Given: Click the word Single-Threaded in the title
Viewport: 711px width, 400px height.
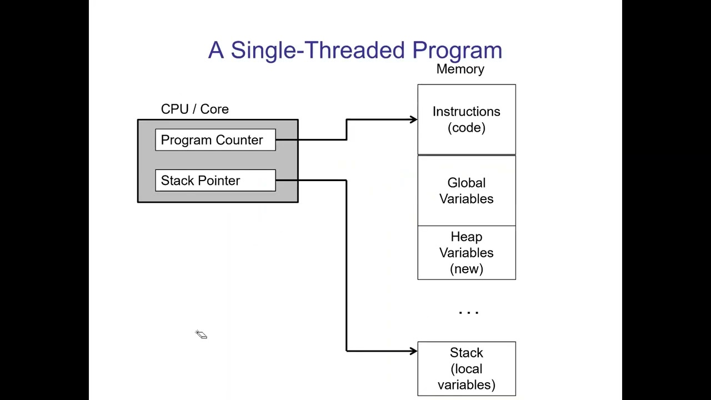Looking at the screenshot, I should click(318, 51).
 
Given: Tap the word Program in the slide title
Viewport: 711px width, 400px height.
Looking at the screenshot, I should click(457, 51).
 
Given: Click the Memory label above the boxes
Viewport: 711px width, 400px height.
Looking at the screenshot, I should click(460, 69).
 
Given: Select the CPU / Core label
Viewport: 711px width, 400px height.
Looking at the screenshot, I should click(194, 109).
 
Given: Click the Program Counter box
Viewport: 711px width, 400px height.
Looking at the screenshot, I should click(215, 140).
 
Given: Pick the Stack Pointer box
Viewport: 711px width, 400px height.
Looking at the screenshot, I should click(215, 181).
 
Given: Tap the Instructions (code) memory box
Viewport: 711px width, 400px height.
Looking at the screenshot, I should click(466, 119).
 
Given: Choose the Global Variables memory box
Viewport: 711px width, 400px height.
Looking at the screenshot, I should click(466, 191).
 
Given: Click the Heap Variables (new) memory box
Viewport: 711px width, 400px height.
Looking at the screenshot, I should click(466, 253).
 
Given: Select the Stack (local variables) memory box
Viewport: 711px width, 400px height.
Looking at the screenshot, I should click(466, 368).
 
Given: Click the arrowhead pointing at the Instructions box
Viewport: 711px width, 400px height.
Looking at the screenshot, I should click(413, 119).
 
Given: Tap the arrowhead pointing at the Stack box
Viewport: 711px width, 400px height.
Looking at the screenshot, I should click(413, 351).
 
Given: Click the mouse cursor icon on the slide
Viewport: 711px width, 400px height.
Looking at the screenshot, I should click(201, 334).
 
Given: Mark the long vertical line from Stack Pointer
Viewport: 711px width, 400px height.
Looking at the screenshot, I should click(347, 267).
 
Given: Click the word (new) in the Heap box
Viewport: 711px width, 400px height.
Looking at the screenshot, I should click(466, 269).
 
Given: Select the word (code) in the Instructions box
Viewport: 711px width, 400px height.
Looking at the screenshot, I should click(466, 128).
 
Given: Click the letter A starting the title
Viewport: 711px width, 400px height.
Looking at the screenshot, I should click(216, 51).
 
